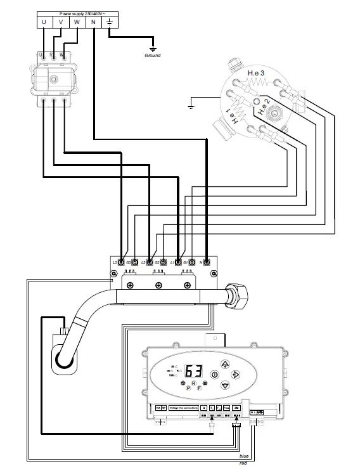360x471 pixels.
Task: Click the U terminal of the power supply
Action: click(44, 23)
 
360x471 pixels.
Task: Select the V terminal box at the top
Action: click(60, 23)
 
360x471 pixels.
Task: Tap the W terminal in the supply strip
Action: click(77, 23)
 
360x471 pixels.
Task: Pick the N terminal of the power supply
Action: click(93, 23)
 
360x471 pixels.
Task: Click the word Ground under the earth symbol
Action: click(153, 56)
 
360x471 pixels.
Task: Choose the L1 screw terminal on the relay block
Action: click(178, 262)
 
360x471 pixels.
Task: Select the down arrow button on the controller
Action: click(225, 387)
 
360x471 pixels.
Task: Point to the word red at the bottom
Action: click(243, 464)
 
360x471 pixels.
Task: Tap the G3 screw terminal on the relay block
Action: click(134, 262)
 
